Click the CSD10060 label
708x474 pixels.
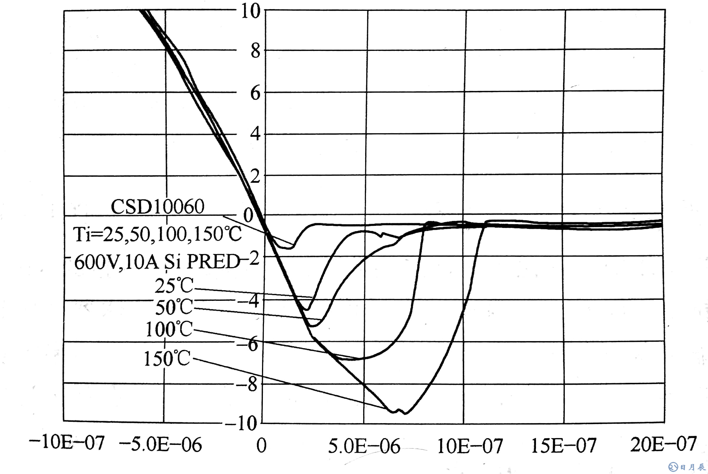pyautogui.click(x=157, y=207)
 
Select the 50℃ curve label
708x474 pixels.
pyautogui.click(x=174, y=307)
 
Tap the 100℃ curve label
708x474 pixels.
pyautogui.click(x=168, y=329)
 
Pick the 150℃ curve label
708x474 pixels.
pyautogui.click(x=167, y=359)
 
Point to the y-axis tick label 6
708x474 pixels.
pyautogui.click(x=255, y=93)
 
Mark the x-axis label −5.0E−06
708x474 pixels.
pyautogui.click(x=160, y=445)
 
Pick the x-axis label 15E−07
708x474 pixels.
pyautogui.click(x=564, y=445)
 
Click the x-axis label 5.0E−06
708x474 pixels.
pyautogui.click(x=364, y=446)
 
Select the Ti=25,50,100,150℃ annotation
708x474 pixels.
pyautogui.click(x=157, y=234)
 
